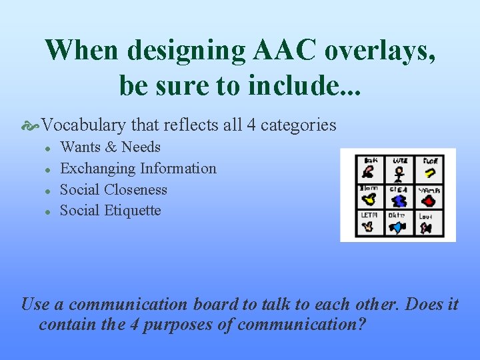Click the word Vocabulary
click(85, 125)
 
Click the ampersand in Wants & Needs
click(110, 147)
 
